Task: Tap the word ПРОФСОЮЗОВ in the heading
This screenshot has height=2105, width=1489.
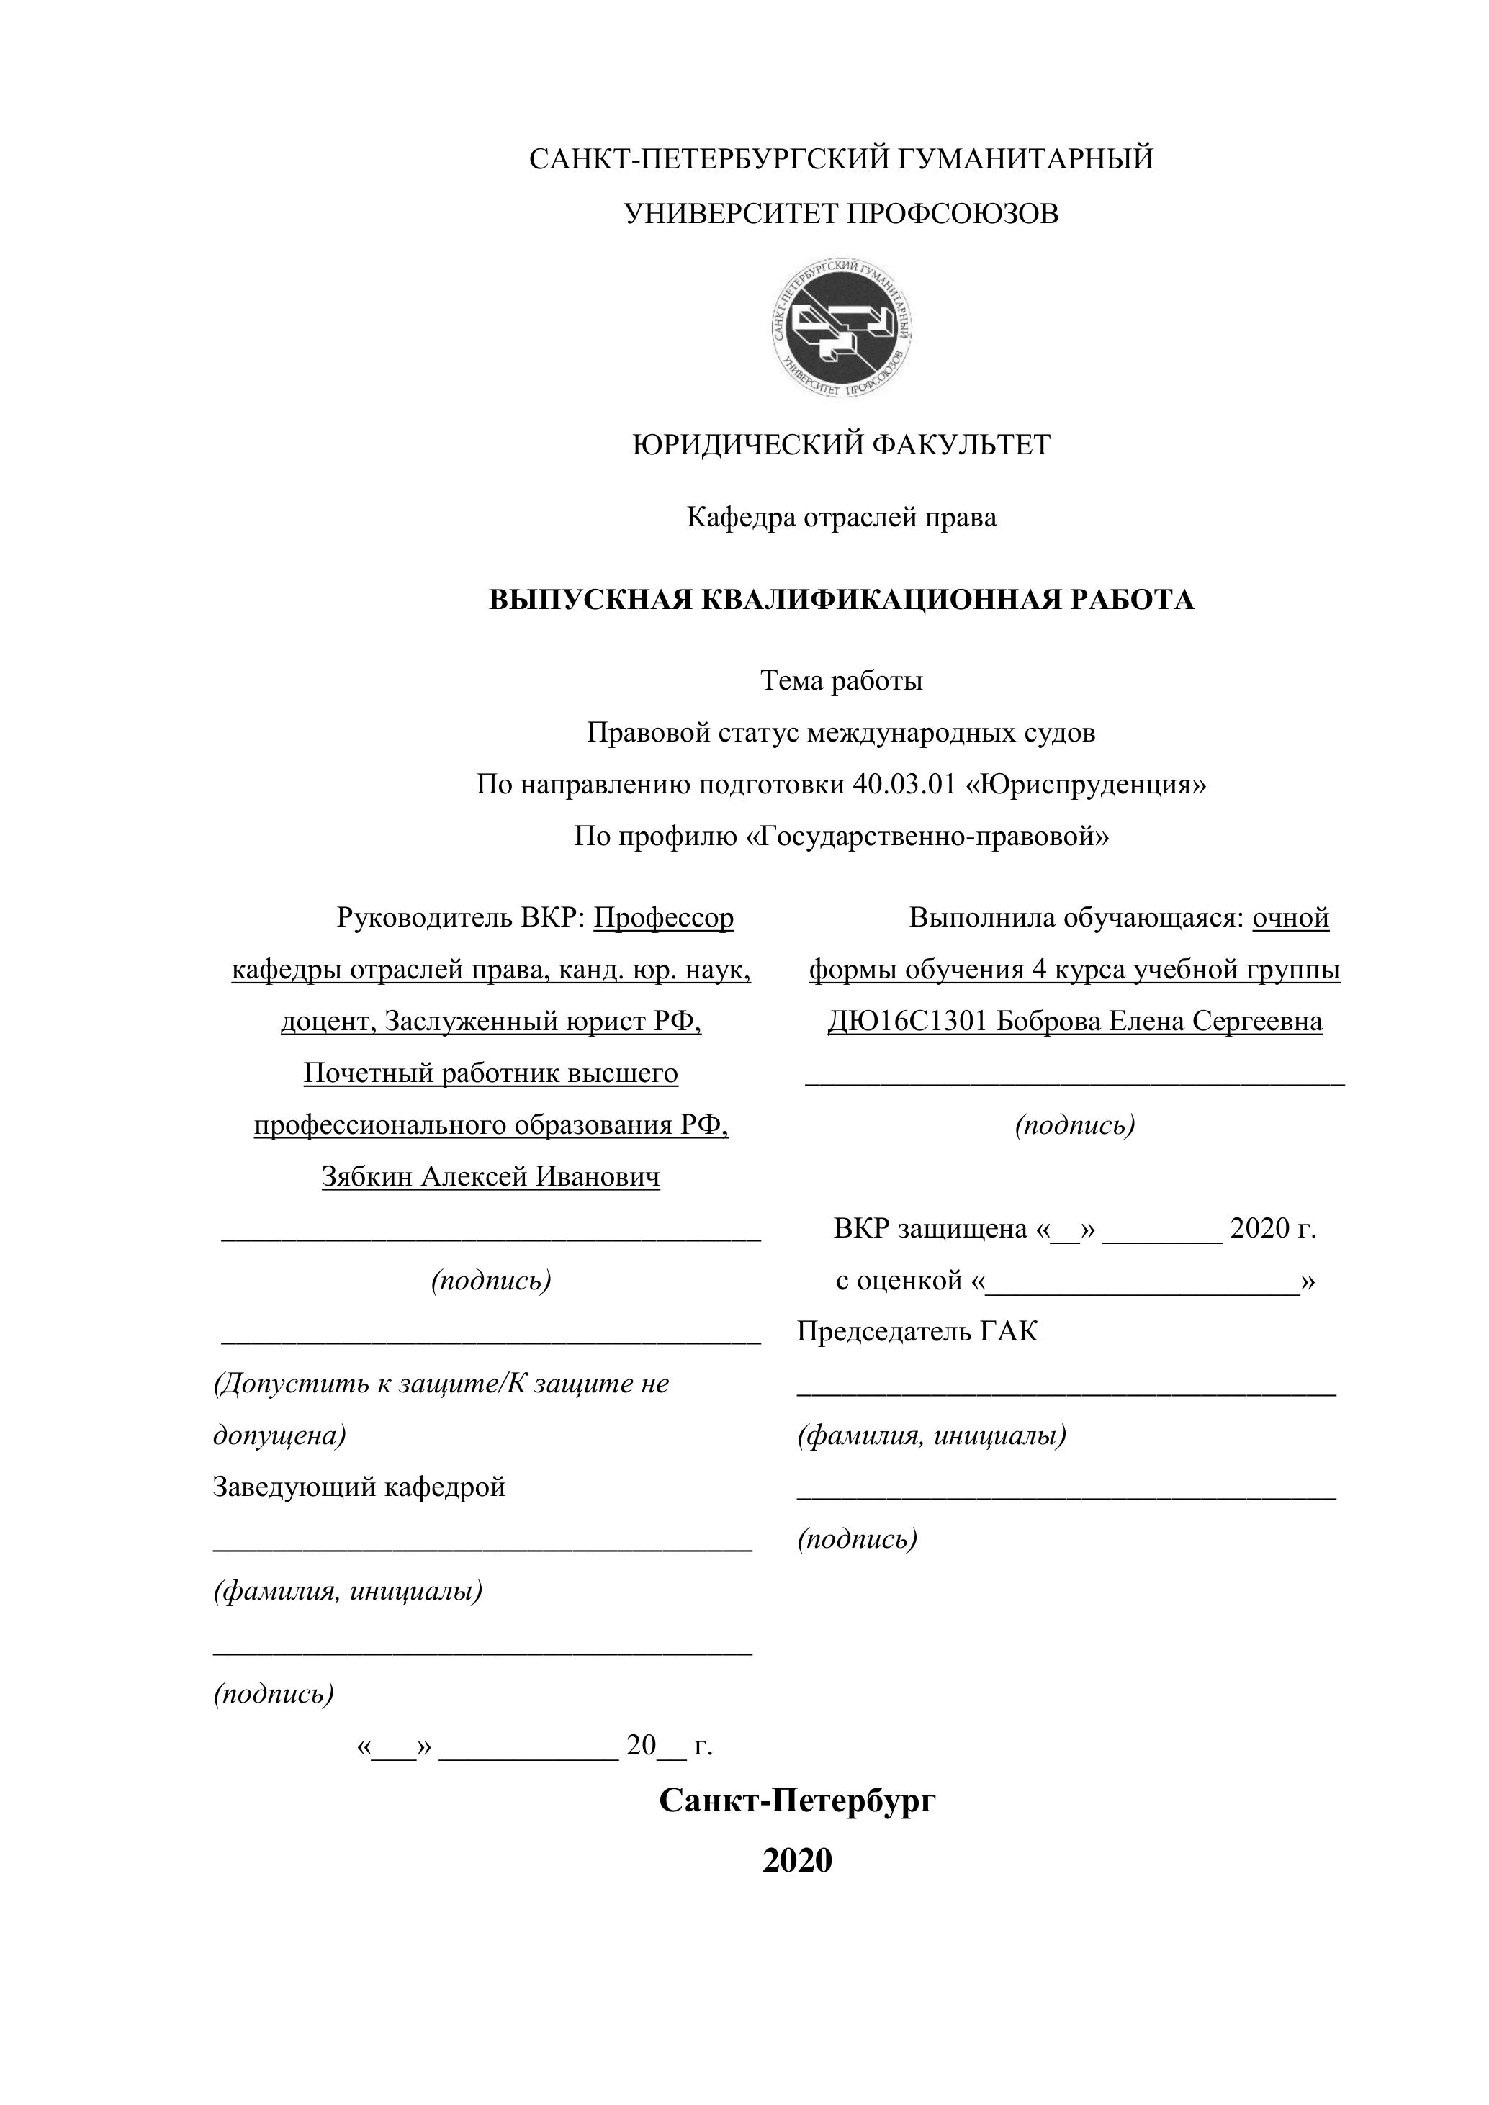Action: click(951, 214)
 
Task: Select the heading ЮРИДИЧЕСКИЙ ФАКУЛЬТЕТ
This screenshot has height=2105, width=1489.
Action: click(842, 446)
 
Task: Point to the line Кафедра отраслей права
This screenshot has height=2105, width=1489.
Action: click(842, 518)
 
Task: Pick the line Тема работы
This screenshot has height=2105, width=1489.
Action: click(842, 680)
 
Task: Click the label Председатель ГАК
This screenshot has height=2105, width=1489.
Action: click(918, 1331)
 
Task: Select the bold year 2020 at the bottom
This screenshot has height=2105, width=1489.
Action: click(798, 1860)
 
